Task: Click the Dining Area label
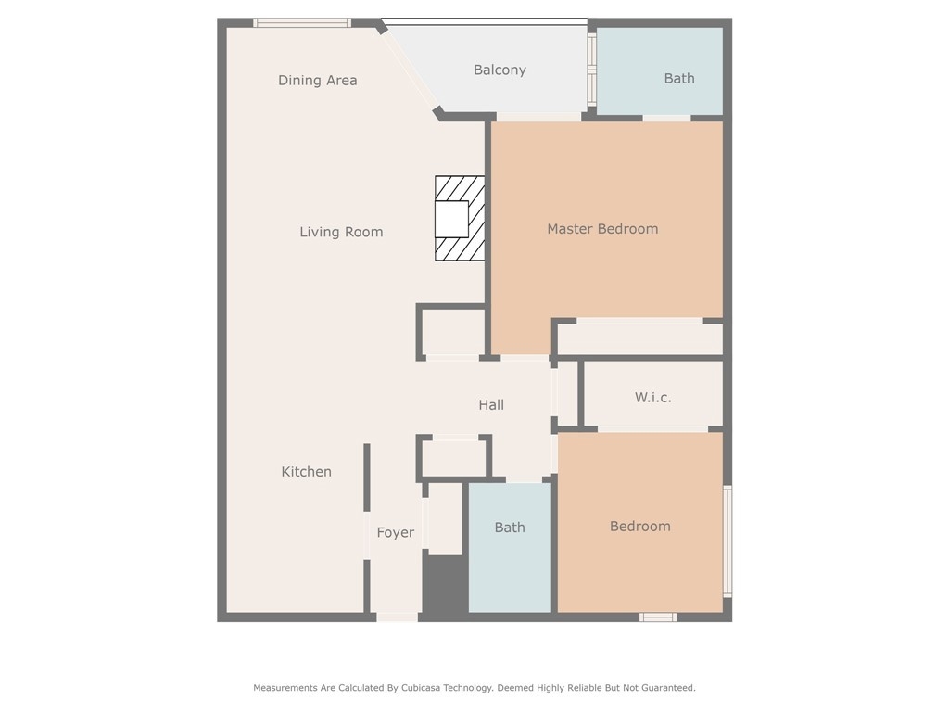[317, 80]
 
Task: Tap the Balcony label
[500, 70]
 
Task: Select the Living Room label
[341, 232]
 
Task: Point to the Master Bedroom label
[602, 229]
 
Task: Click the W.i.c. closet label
[653, 397]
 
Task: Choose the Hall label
[491, 404]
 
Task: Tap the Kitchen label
[306, 472]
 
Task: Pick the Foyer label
[395, 533]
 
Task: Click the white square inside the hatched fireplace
[451, 219]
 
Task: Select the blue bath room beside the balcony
[660, 70]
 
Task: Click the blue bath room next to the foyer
[510, 547]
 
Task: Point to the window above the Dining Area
[302, 23]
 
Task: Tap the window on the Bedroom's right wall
[728, 541]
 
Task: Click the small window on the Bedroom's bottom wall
[658, 617]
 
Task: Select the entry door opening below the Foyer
[397, 617]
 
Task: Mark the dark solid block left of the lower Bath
[445, 584]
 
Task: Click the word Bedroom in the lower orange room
[639, 527]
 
